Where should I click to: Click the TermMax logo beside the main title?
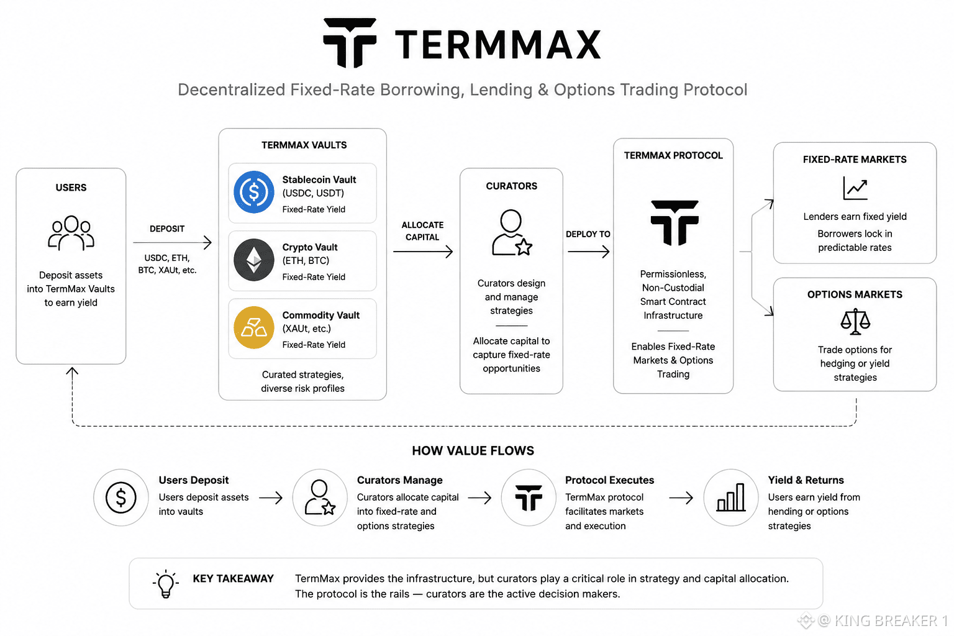(x=350, y=43)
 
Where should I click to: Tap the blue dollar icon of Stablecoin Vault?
(x=254, y=192)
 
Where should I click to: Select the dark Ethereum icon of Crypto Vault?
(x=254, y=260)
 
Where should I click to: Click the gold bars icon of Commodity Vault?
(x=254, y=327)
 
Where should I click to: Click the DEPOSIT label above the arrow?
(x=167, y=229)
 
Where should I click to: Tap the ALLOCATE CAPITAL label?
(x=422, y=231)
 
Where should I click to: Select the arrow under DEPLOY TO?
(x=589, y=252)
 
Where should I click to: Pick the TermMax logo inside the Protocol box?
(x=675, y=222)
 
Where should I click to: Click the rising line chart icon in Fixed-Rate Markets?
(x=855, y=188)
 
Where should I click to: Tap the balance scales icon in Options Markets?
(x=855, y=322)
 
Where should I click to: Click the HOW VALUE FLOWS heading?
(x=473, y=451)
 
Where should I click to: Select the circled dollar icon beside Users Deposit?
(x=121, y=497)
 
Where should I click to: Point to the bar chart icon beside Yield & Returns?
(x=731, y=497)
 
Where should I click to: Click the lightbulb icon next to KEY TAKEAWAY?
(x=166, y=584)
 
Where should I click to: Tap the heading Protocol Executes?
(x=609, y=480)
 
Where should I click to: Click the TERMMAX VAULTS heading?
(x=304, y=145)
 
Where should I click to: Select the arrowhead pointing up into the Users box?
(x=72, y=371)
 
